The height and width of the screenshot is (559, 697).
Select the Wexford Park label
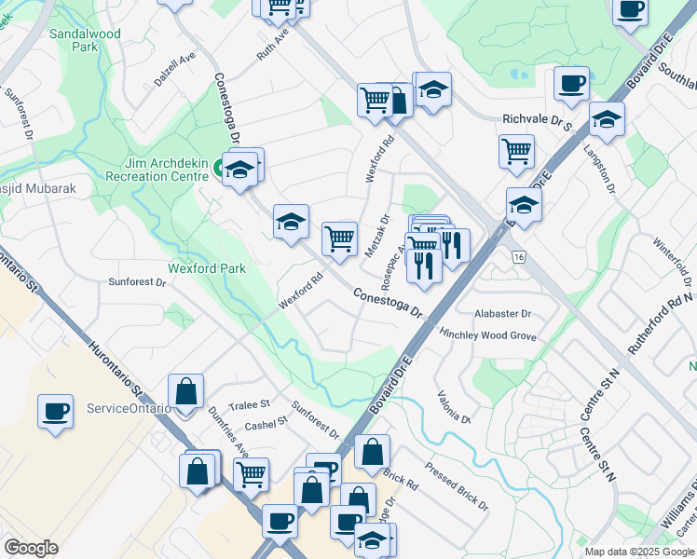(x=207, y=268)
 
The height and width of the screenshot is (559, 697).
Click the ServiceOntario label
(x=129, y=408)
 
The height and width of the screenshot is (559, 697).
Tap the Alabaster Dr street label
(x=502, y=314)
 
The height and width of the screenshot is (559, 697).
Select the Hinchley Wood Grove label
(x=488, y=334)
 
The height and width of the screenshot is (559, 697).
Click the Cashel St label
(x=266, y=424)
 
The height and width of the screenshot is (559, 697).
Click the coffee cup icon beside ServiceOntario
(x=55, y=411)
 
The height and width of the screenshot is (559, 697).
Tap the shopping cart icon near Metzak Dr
(x=340, y=238)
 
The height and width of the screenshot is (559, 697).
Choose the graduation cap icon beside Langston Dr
(x=607, y=120)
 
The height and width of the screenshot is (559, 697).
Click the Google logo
(x=31, y=548)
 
